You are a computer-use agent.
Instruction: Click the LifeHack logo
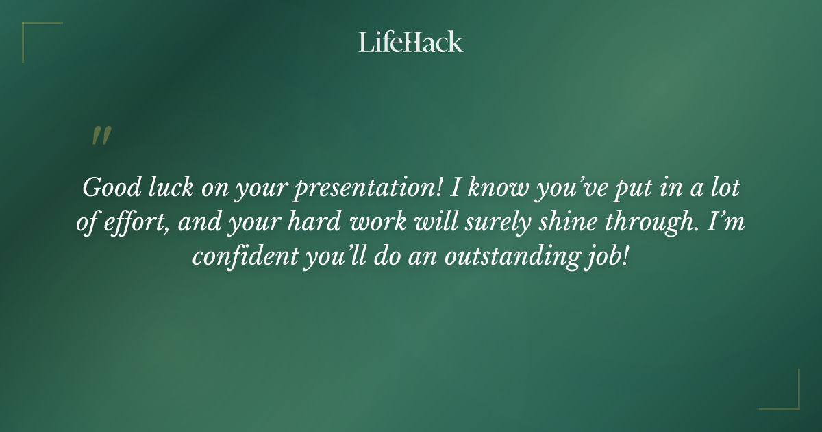[411, 42]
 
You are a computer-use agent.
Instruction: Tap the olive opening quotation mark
[101, 136]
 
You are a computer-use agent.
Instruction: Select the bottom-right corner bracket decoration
[788, 398]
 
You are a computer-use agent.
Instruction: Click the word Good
[105, 187]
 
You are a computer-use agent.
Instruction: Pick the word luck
[163, 187]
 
